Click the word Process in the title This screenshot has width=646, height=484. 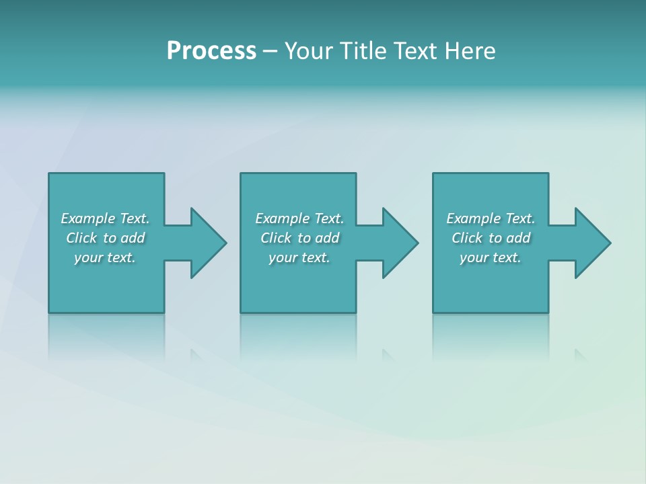[211, 51]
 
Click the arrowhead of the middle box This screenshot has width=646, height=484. [400, 243]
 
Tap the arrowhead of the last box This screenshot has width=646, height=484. [592, 243]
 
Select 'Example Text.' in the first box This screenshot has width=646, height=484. [105, 218]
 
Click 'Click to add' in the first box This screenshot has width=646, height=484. [105, 238]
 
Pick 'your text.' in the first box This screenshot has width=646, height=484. [105, 257]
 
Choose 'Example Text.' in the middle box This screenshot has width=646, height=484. [299, 218]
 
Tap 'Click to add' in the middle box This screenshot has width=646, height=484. [299, 238]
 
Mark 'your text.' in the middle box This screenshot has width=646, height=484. [299, 257]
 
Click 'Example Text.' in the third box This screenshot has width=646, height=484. [491, 218]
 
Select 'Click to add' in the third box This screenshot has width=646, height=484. [491, 238]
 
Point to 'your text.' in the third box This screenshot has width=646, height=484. [491, 257]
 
